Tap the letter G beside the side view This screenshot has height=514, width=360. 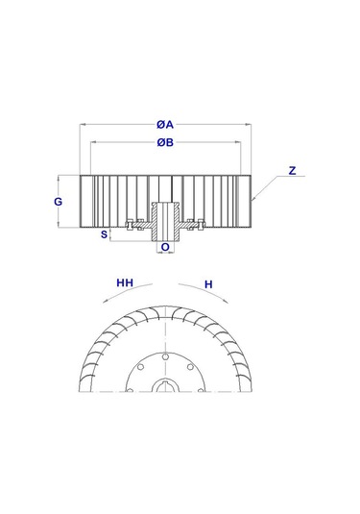point(59,202)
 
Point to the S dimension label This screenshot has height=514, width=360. point(104,233)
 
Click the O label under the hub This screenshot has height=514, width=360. point(165,247)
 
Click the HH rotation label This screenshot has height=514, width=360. point(124,283)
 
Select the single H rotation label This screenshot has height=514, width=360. point(207,283)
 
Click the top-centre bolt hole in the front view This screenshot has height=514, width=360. point(165,356)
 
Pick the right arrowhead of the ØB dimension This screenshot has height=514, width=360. point(242,143)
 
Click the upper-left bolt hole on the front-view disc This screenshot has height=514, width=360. point(141,366)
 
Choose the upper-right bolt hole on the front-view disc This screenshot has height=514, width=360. point(189,366)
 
